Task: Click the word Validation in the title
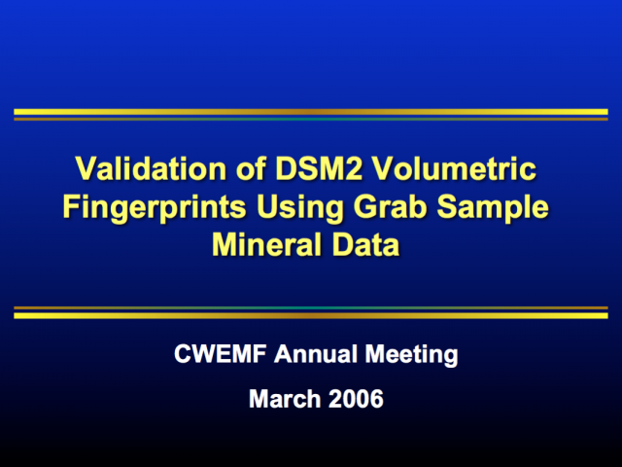point(151,168)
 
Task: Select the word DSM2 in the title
point(319,168)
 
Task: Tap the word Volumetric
point(454,168)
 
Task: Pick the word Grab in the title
point(390,206)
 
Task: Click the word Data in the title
point(365,244)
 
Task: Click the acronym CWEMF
point(221,353)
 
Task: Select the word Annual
point(316,353)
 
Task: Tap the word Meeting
point(412,354)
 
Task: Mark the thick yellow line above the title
point(311,112)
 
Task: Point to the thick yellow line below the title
point(311,315)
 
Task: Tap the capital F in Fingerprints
point(71,206)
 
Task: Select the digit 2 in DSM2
point(353,168)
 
